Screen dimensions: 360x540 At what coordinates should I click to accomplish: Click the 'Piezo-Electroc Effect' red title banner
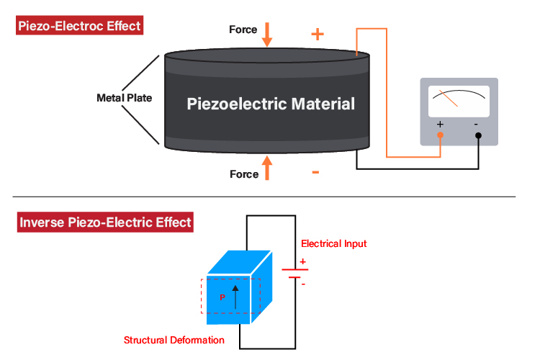click(79, 27)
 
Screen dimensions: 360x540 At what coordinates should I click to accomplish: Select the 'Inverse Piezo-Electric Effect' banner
click(105, 222)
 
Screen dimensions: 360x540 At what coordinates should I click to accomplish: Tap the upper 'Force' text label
click(243, 30)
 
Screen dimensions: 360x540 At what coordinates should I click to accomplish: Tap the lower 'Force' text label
click(243, 174)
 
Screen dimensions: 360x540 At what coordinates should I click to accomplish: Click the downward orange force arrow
click(268, 34)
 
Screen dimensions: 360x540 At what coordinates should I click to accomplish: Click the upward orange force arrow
click(268, 168)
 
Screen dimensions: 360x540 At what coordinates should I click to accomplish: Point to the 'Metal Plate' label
click(124, 98)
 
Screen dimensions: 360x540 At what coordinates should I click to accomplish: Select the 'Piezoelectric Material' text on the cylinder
click(271, 104)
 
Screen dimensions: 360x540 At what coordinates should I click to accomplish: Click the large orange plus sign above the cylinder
click(317, 34)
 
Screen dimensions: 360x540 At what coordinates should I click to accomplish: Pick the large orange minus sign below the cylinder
click(315, 173)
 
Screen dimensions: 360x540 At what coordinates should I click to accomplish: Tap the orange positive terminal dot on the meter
click(440, 135)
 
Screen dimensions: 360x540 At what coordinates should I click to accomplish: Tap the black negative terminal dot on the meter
click(478, 135)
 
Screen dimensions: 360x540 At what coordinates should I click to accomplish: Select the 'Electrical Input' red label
click(333, 244)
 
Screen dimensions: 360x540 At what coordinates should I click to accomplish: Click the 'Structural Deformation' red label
click(174, 340)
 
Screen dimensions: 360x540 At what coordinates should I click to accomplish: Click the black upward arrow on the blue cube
click(235, 296)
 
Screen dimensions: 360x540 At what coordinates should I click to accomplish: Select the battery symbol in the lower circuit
click(295, 272)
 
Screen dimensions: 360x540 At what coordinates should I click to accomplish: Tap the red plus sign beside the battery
click(303, 261)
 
